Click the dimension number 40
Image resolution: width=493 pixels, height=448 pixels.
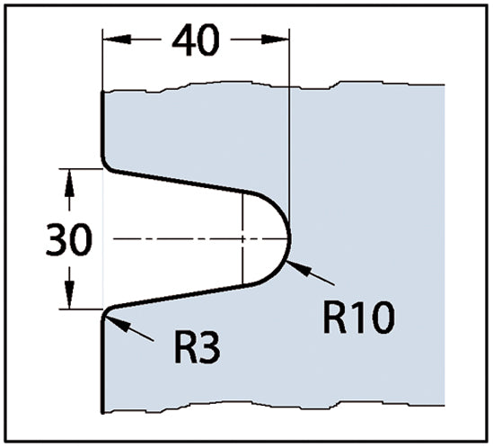195,40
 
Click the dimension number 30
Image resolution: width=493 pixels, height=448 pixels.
69,238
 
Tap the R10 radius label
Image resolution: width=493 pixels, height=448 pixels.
359,318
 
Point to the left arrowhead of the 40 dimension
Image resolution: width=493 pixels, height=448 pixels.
117,40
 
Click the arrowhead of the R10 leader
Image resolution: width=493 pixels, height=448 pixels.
298,268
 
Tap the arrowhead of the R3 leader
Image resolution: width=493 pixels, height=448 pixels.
117,323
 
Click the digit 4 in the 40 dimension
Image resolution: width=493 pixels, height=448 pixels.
183,40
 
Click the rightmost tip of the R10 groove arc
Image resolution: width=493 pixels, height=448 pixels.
290,238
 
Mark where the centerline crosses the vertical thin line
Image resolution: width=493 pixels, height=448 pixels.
242,238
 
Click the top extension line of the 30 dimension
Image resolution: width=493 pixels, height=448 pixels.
81,169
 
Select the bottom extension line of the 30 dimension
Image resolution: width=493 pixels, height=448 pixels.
81,309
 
